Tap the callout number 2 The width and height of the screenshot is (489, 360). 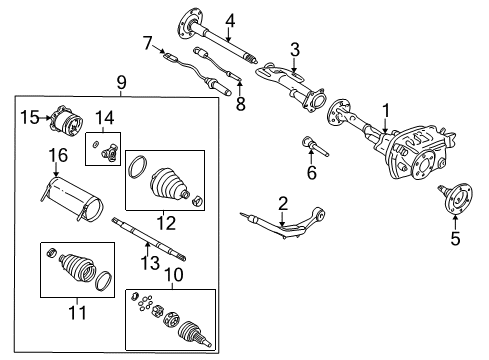(283, 203)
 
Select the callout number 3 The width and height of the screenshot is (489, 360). (295, 49)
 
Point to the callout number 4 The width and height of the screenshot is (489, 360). (230, 19)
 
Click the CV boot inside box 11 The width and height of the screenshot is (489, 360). (73, 269)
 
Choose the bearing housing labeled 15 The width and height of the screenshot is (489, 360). (71, 121)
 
